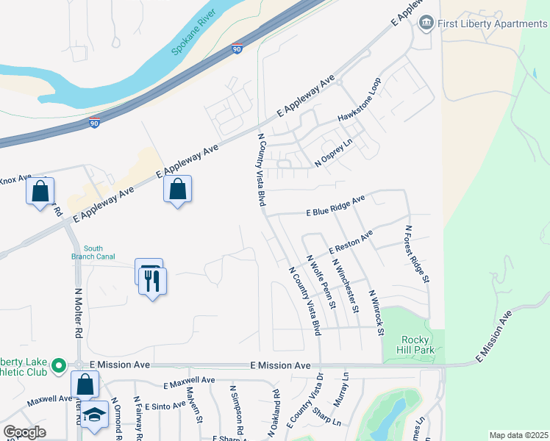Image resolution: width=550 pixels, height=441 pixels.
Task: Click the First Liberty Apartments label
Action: [493, 24]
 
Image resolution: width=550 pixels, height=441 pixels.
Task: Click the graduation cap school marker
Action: [94, 415]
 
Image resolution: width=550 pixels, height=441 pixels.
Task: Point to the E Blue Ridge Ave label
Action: [335, 207]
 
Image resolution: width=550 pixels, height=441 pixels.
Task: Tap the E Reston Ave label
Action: [351, 242]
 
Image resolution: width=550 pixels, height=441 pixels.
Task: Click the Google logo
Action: [24, 432]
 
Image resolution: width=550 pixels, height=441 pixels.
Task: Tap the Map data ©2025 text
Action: [518, 435]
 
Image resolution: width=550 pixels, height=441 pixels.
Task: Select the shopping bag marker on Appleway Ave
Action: [177, 190]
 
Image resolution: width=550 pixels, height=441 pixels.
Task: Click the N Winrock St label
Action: [376, 312]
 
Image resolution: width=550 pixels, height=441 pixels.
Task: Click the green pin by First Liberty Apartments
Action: [426, 24]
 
